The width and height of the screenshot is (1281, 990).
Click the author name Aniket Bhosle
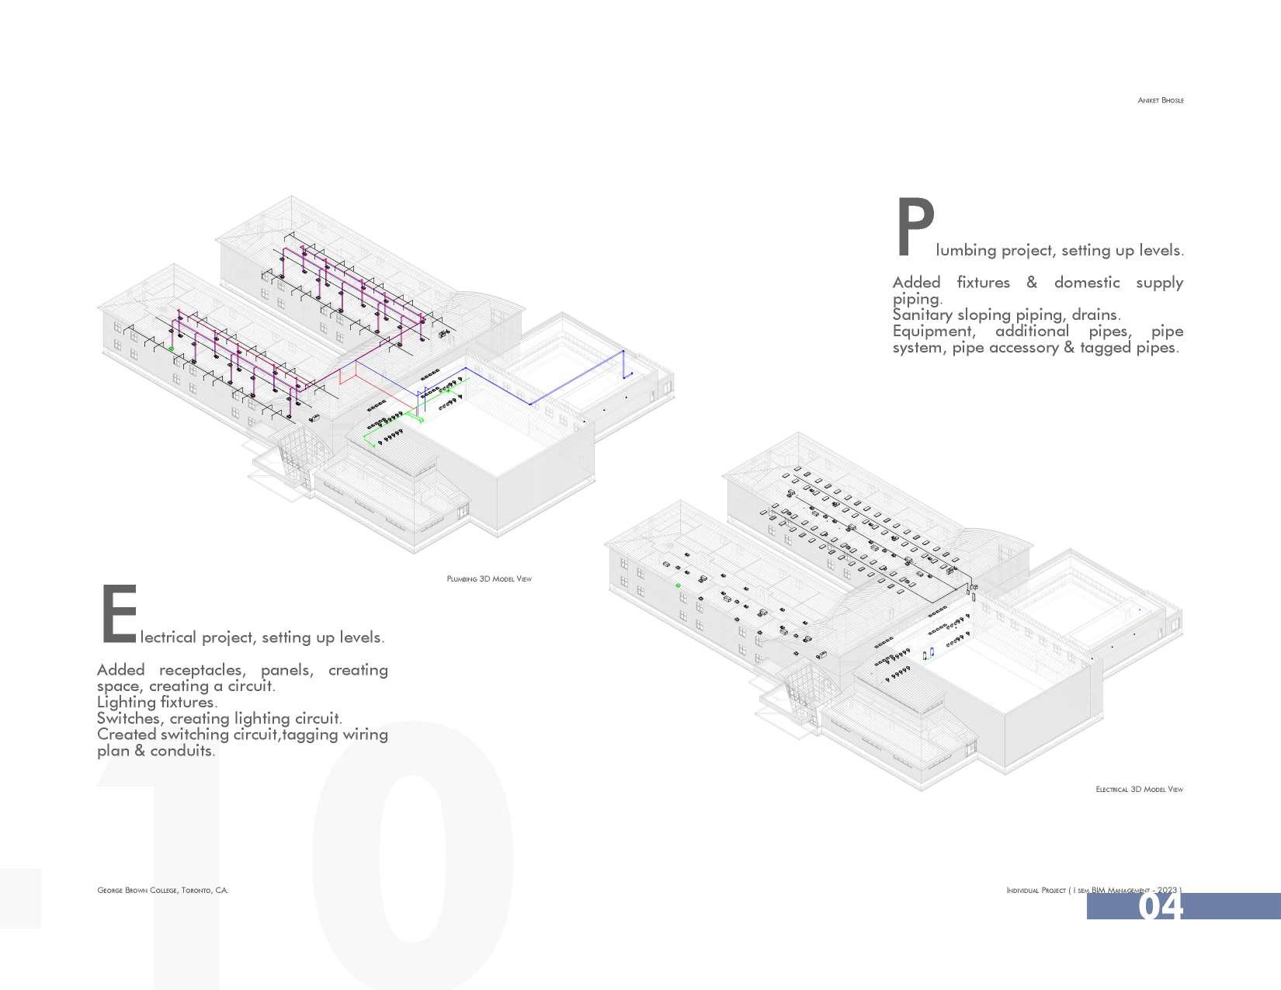[1160, 100]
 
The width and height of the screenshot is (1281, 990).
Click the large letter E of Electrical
[118, 615]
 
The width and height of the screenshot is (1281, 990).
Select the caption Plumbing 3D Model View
[489, 578]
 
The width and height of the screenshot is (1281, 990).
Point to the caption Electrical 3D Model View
[1139, 789]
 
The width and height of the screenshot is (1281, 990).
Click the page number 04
[1161, 906]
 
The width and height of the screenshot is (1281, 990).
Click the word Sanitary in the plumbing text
[922, 314]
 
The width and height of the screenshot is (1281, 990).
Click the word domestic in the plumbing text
[1086, 282]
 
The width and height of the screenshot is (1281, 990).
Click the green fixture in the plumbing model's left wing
[172, 349]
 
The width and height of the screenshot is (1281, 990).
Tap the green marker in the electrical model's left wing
[678, 585]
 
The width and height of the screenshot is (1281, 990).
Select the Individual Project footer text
[1036, 890]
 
